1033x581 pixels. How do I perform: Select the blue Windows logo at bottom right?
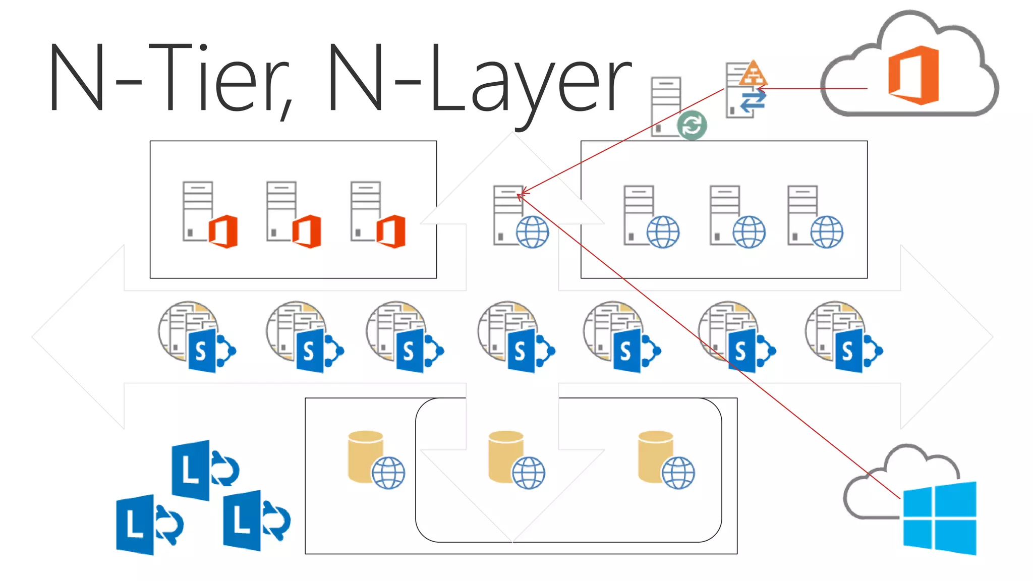click(x=939, y=518)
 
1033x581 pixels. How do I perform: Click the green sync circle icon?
click(x=692, y=125)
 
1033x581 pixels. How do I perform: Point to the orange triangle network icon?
click(x=753, y=74)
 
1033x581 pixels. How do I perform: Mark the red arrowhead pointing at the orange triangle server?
click(x=761, y=89)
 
